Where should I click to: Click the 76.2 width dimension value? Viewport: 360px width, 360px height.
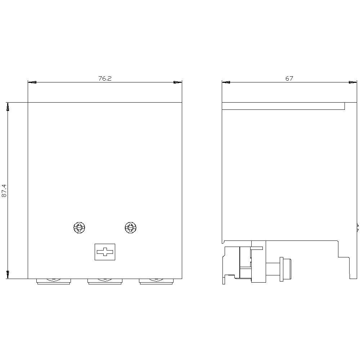tap(105, 78)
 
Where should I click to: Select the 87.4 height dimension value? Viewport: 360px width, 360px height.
tap(4, 190)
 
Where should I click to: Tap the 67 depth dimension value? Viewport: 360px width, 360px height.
tap(289, 78)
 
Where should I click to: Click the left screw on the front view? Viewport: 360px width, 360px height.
tap(79, 228)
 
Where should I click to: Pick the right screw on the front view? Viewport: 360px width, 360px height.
tap(130, 228)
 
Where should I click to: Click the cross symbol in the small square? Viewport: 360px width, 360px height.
tap(105, 252)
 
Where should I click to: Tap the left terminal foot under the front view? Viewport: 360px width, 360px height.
tap(54, 282)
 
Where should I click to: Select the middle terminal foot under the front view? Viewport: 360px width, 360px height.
tap(105, 282)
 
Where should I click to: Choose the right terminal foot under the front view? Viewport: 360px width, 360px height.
tap(156, 282)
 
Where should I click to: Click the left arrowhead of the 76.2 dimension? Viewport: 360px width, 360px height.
tap(32, 82)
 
